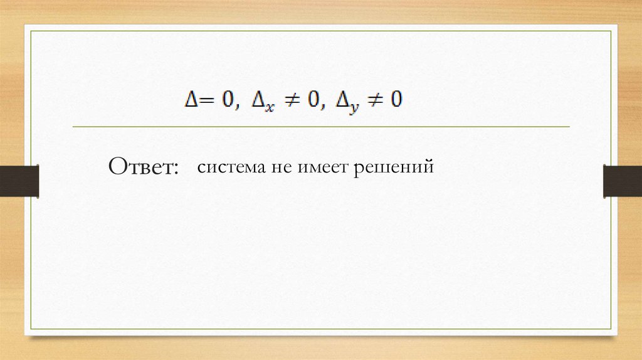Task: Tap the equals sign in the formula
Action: (x=204, y=101)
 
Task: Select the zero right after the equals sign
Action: (x=224, y=100)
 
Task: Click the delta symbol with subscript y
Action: (x=344, y=100)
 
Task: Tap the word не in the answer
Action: (x=278, y=168)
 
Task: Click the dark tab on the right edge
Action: (x=622, y=181)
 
